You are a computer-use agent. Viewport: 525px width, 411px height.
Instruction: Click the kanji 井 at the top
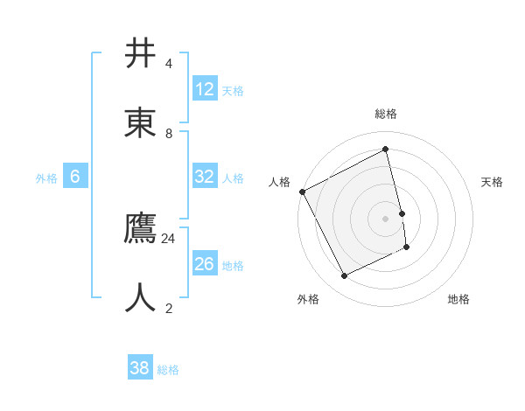point(142,53)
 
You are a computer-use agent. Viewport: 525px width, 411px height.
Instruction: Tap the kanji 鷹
point(142,227)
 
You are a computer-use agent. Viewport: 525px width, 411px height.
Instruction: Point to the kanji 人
point(142,297)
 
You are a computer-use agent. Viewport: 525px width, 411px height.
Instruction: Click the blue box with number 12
point(205,89)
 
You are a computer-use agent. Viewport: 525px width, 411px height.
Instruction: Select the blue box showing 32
point(205,177)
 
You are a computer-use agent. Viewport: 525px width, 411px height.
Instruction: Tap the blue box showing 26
point(205,264)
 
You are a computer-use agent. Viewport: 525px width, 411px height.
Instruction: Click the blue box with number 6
point(75,177)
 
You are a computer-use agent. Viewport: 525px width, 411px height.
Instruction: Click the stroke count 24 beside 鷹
point(169,238)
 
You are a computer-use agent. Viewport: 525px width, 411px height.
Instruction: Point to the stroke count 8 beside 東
point(169,133)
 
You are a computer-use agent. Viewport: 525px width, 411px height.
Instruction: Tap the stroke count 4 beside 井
point(169,64)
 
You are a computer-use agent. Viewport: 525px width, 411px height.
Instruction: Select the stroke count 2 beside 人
point(169,308)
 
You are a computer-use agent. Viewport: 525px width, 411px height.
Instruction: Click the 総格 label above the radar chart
point(386,114)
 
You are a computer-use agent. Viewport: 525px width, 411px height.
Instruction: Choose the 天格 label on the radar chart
point(492,182)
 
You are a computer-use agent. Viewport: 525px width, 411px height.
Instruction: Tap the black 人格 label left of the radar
point(279,182)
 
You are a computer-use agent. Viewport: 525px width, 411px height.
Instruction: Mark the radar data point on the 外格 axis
point(345,276)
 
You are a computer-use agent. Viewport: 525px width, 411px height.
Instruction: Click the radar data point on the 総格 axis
point(386,150)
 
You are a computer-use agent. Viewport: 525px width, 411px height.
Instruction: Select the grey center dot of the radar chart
point(386,219)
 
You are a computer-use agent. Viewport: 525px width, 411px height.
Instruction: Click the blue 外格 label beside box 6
point(46,178)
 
